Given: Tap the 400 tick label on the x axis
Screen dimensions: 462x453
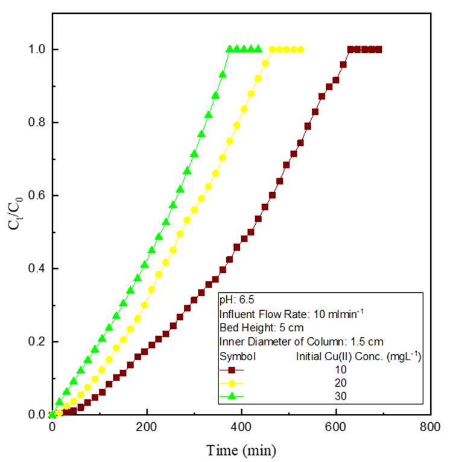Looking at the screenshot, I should (x=241, y=428).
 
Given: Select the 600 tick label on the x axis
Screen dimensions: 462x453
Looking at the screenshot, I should (x=336, y=428).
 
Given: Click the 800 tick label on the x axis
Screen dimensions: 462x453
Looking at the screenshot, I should (x=430, y=428).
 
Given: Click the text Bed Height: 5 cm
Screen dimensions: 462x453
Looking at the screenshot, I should (x=256, y=328).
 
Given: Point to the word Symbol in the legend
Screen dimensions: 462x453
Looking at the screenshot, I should (x=238, y=356).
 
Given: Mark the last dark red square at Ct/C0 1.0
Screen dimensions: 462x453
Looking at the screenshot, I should (x=379, y=49).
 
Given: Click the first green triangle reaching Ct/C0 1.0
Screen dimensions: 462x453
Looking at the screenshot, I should (x=229, y=49).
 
